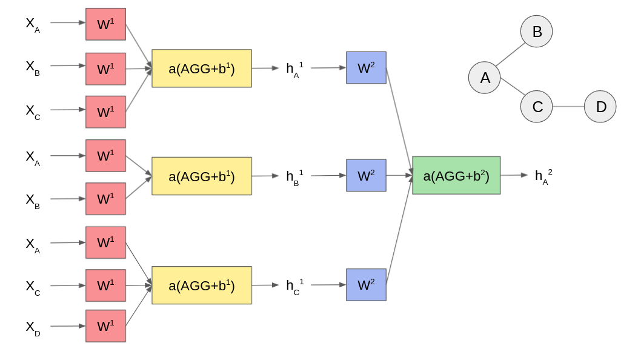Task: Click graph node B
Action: tap(536, 32)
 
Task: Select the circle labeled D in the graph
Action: tap(600, 107)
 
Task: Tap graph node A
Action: tap(484, 78)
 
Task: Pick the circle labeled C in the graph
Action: tap(536, 107)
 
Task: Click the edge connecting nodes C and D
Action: tap(568, 107)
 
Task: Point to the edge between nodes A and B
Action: tap(510, 55)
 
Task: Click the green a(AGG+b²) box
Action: tap(456, 175)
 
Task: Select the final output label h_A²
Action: tap(542, 176)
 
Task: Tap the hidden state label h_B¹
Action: tap(294, 176)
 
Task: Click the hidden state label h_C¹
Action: tap(294, 285)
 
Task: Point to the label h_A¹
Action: tap(294, 68)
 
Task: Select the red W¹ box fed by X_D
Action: tap(105, 326)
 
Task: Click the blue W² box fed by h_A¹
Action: tap(366, 68)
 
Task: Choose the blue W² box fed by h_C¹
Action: tap(366, 285)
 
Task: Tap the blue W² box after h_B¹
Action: tap(366, 176)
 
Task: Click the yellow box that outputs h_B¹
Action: tap(202, 176)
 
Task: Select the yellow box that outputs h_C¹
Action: tap(202, 285)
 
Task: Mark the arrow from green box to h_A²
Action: tap(514, 175)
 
